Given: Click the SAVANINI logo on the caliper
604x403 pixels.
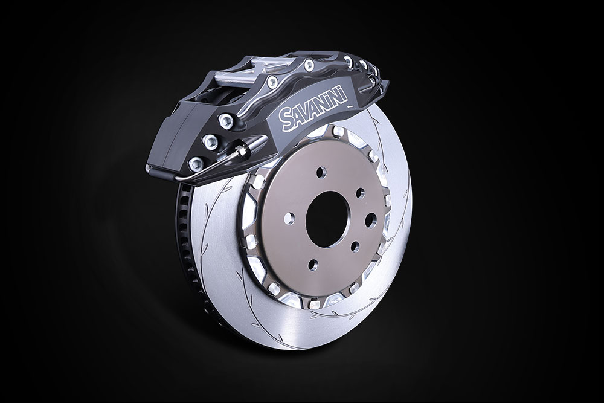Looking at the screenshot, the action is (313, 108).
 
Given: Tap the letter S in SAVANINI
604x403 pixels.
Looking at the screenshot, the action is (286, 120).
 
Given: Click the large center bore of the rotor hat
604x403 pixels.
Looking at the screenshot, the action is (327, 219).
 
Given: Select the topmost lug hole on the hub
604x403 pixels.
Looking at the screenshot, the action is (321, 172).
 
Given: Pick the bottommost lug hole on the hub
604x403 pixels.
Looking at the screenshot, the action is (313, 265).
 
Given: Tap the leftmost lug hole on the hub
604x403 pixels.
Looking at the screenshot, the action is (289, 219).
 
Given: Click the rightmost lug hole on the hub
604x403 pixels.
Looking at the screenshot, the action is (371, 220).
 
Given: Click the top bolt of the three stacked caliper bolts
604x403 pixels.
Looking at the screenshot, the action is (226, 121).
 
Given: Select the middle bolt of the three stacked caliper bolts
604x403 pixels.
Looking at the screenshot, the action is (210, 142).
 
